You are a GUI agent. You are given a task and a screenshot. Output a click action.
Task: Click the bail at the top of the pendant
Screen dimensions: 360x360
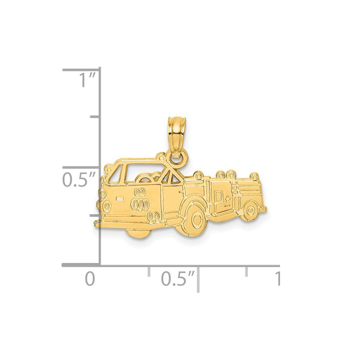coord(177,135)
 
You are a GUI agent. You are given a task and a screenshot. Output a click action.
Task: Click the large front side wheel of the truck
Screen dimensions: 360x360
coord(195,219)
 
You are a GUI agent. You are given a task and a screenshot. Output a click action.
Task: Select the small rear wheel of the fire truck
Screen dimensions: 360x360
coord(251,210)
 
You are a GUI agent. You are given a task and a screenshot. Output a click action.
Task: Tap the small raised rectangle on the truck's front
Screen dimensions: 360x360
coord(120,198)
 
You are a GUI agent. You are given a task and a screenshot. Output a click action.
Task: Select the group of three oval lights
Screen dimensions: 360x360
coord(140,204)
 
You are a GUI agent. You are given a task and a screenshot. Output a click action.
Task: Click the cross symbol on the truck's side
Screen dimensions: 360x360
coord(228,199)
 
